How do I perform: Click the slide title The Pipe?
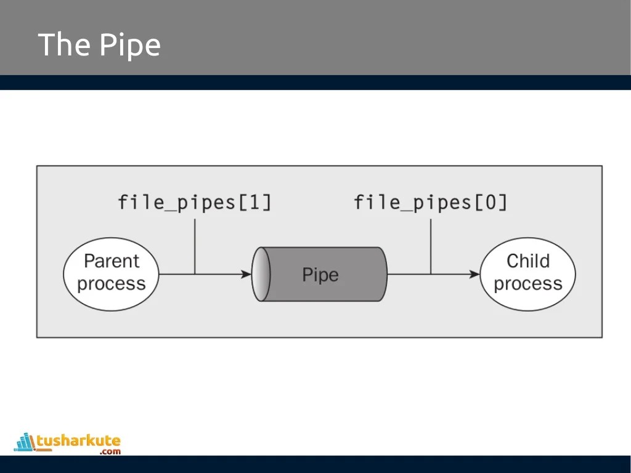[x=99, y=45]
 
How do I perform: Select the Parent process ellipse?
[x=112, y=273]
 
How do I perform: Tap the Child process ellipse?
[x=527, y=273]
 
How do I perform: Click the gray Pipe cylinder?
[x=327, y=274]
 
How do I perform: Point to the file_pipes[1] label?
[x=195, y=203]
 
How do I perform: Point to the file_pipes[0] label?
[x=431, y=203]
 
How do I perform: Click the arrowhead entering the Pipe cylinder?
[x=247, y=274]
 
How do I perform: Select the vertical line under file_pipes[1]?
[x=195, y=246]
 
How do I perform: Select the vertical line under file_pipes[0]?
[x=431, y=246]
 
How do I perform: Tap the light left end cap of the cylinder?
[x=261, y=274]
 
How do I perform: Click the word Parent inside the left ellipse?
[x=112, y=262]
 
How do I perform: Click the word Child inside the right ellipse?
[x=527, y=262]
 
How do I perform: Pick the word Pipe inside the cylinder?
[x=320, y=275]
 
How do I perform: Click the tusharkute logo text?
[x=78, y=440]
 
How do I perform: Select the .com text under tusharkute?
[x=110, y=451]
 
